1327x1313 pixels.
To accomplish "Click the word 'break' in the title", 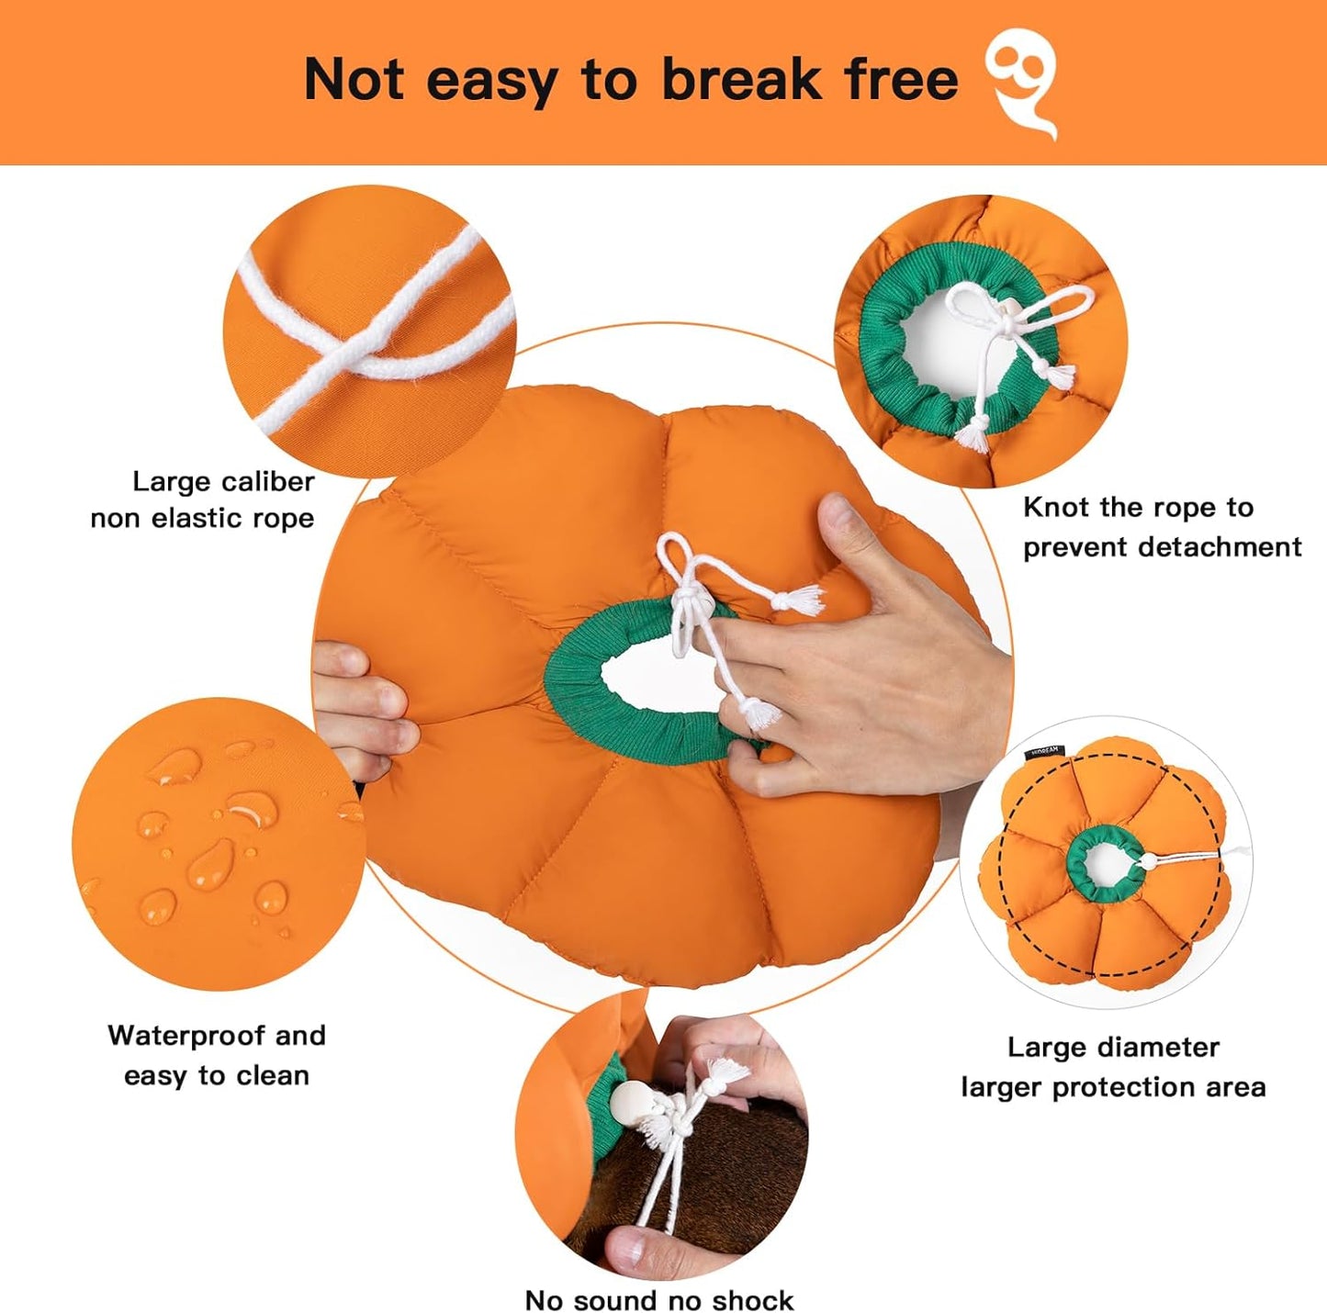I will click(x=742, y=80).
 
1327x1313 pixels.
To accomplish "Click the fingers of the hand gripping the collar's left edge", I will click(x=363, y=707).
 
